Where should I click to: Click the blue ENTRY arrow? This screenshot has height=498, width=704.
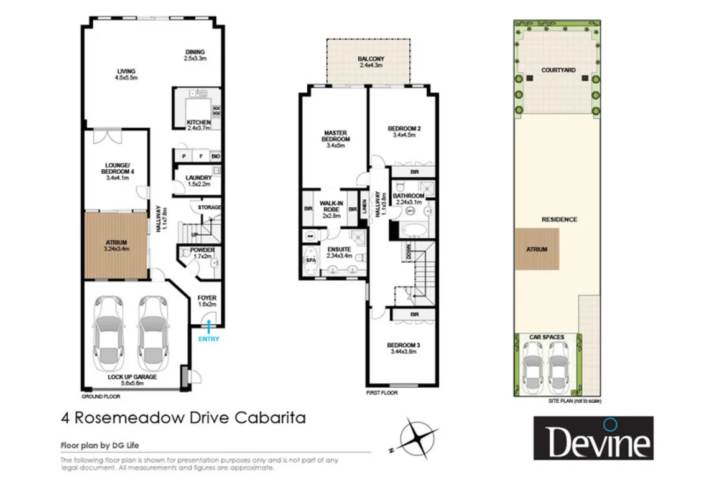point(208,323)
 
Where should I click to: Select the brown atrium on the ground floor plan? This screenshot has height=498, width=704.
point(116,245)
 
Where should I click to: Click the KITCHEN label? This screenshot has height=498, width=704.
point(198,122)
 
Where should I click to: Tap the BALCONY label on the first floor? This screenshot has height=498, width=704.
point(371,60)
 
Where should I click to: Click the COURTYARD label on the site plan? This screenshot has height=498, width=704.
point(557,70)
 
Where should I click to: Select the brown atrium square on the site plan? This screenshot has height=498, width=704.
point(537,248)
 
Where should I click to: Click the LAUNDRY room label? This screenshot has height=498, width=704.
point(199,177)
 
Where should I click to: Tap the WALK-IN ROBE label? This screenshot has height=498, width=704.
point(331,204)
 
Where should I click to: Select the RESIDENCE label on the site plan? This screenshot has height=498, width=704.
point(558,219)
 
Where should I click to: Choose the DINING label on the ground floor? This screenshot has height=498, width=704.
point(194,52)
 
